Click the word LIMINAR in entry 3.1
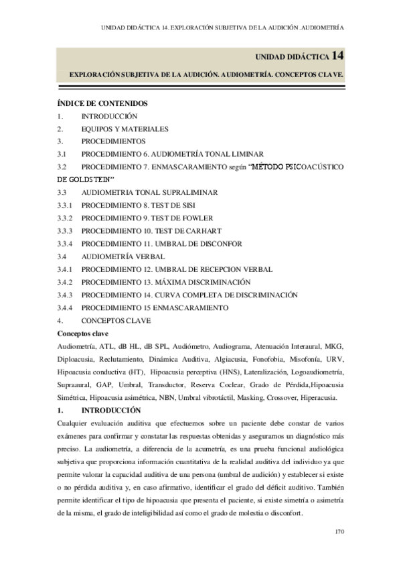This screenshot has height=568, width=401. [245, 154]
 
